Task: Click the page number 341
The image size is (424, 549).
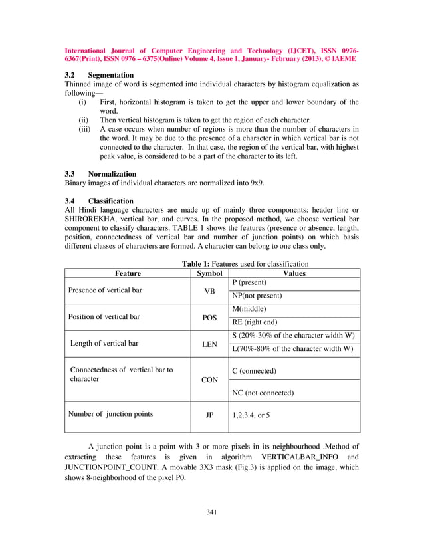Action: [212, 511]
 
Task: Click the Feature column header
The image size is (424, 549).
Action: [128, 273]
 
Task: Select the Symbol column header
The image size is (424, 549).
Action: [209, 273]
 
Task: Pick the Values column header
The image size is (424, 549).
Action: [294, 273]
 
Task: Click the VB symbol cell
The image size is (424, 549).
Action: [209, 291]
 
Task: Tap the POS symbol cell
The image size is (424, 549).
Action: [209, 318]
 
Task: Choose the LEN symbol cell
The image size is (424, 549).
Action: [209, 344]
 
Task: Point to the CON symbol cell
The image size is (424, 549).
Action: [209, 380]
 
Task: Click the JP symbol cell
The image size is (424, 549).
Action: [209, 415]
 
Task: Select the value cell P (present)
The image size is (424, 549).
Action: [249, 282]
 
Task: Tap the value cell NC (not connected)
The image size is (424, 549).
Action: [263, 393]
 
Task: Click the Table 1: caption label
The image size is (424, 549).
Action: [197, 264]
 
